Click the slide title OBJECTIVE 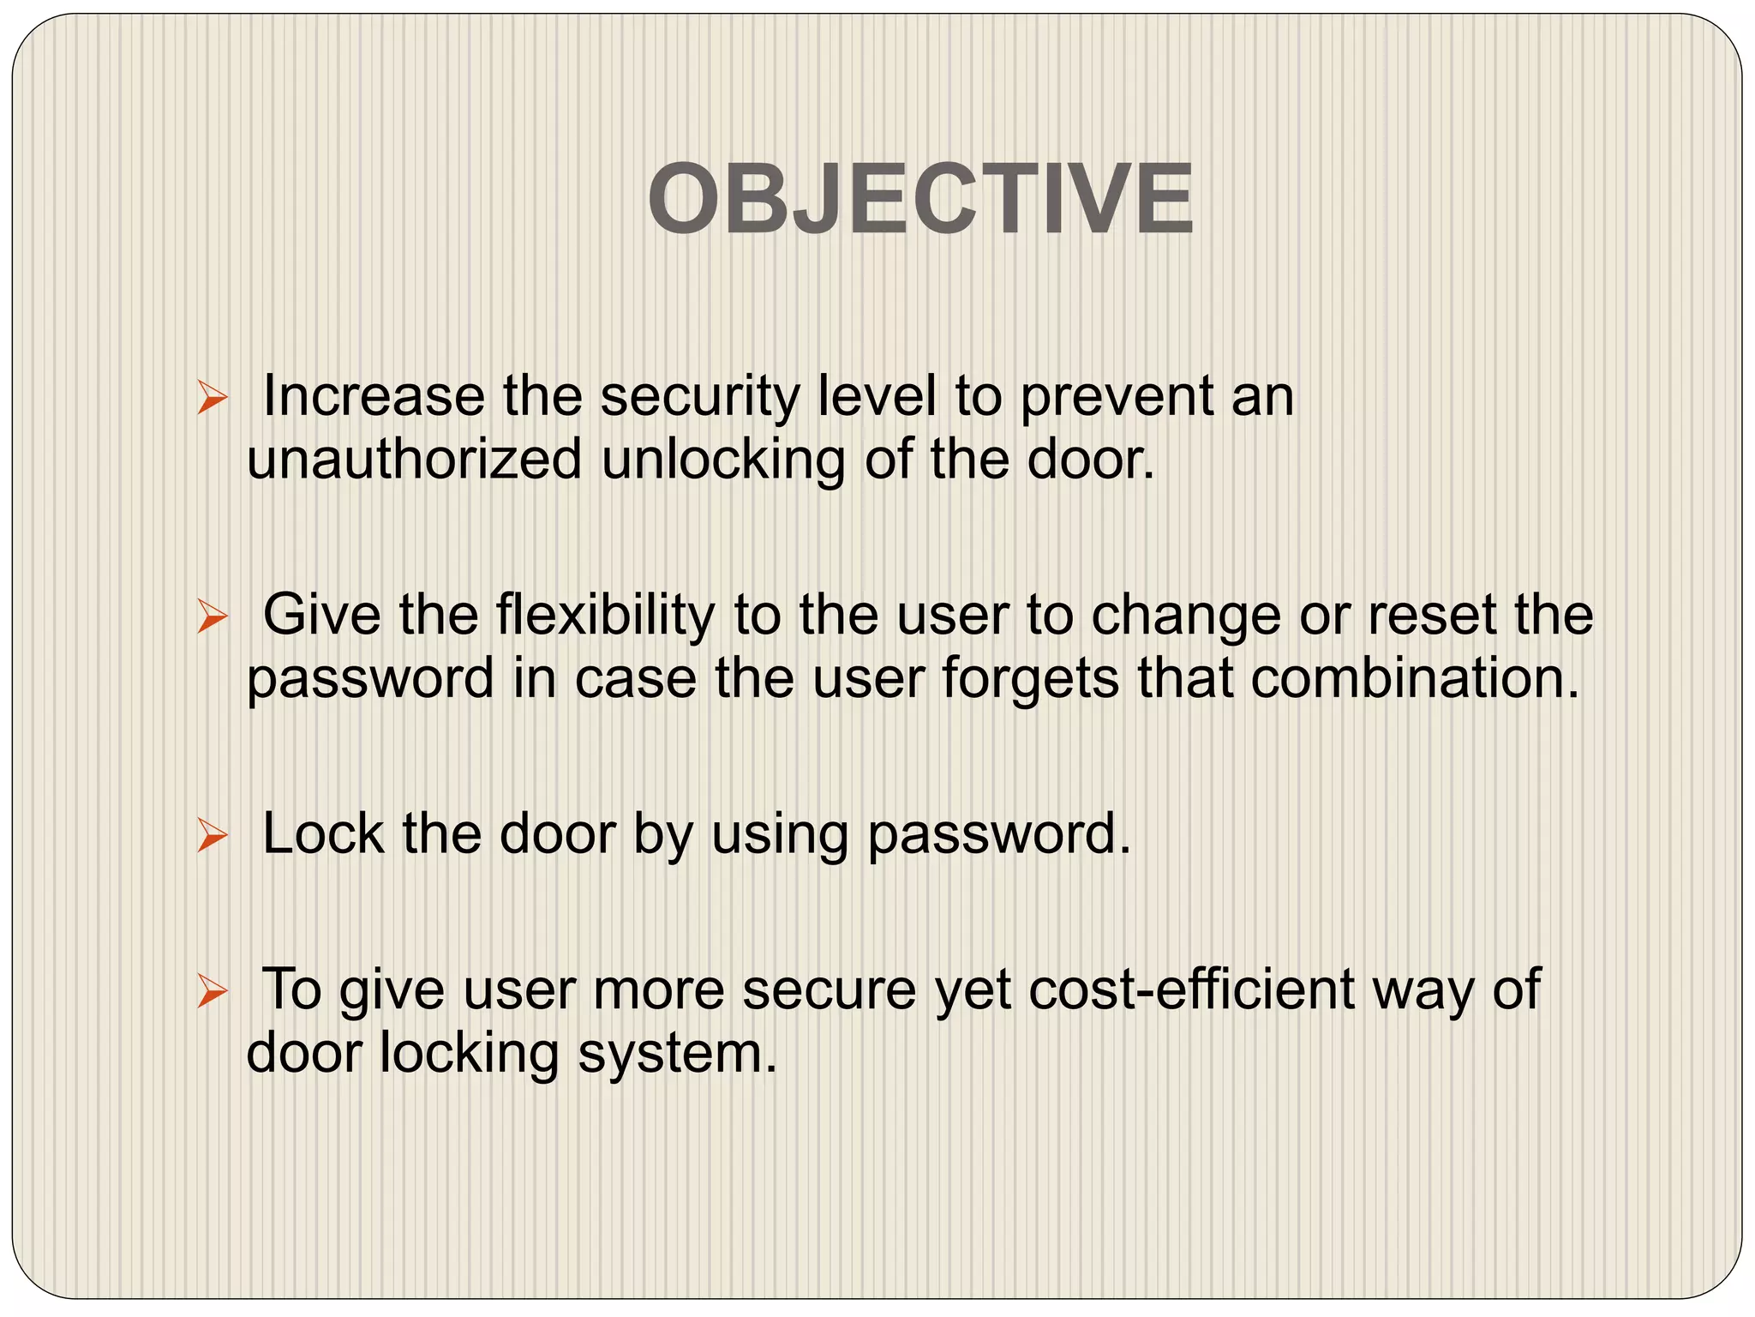pos(920,200)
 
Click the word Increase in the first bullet pos(373,396)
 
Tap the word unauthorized pos(414,460)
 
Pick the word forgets pos(1031,679)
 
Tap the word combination pos(1414,677)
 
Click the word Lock pos(322,833)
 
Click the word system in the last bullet pos(677,1054)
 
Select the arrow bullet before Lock pos(211,835)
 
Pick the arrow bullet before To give pos(211,991)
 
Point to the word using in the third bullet pos(780,835)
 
